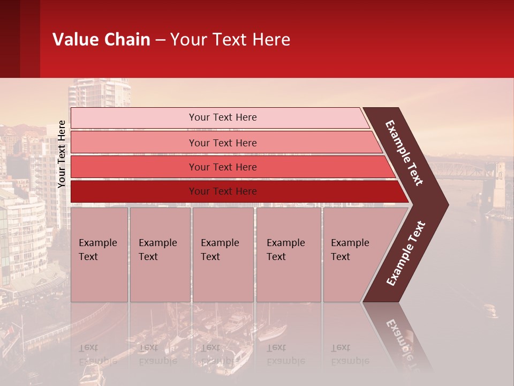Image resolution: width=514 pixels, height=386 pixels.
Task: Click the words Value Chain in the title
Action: [x=101, y=40]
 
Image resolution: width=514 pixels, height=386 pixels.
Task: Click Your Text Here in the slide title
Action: [x=230, y=40]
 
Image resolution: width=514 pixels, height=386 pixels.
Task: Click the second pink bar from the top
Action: [x=222, y=143]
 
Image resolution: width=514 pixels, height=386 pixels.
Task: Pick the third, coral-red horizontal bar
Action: [x=222, y=167]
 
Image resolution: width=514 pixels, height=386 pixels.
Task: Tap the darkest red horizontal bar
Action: [x=222, y=191]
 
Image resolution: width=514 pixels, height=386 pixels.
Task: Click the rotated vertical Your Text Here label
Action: [x=62, y=154]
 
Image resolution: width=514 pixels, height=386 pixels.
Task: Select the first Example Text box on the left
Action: [x=99, y=255]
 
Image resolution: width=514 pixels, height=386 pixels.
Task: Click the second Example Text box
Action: [x=160, y=255]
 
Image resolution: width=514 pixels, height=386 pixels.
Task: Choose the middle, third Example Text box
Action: [x=223, y=255]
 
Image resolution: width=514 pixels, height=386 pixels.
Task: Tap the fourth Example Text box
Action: [x=288, y=255]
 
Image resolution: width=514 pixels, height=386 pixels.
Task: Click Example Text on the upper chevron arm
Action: [x=404, y=153]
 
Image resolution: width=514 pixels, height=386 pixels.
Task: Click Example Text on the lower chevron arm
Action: [x=406, y=253]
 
